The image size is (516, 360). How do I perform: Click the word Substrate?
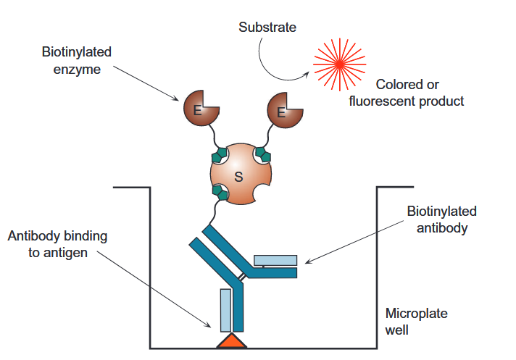point(267,28)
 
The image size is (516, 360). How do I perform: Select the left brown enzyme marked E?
point(198,109)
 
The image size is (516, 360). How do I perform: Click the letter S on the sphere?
point(240,176)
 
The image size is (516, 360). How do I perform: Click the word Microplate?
point(416,314)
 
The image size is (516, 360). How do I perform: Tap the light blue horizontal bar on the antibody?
point(275,260)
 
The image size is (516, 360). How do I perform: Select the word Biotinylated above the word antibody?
point(441,212)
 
